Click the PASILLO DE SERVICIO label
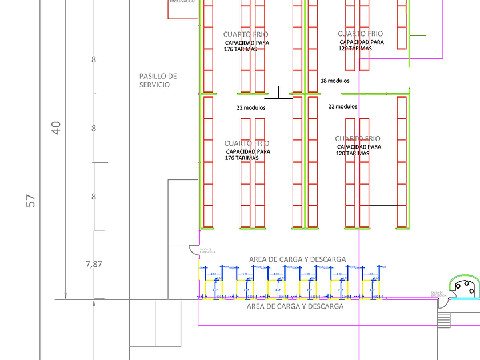coord(158,81)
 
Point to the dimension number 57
coord(30,201)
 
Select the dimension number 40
coord(55,127)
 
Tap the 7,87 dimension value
coord(93,264)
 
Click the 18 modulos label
coord(335,81)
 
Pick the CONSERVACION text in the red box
coord(181,2)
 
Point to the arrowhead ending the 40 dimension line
coord(65,295)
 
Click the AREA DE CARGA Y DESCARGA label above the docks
coord(297,259)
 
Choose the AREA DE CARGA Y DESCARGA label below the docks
coord(295,307)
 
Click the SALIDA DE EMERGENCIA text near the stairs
coord(437,294)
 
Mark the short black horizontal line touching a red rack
coord(383,205)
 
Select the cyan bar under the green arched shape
coord(465,298)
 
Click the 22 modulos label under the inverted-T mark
coord(251,107)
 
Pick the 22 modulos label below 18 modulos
coord(343,106)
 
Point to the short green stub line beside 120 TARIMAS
coord(418,35)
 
